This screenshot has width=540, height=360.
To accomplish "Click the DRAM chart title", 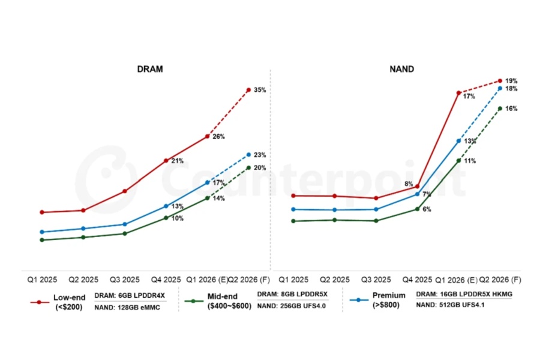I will (150, 70).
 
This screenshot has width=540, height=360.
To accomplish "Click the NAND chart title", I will (401, 70).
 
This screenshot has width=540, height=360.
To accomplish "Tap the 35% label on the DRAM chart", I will (260, 90).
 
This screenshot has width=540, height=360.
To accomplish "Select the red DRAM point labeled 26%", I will (208, 136).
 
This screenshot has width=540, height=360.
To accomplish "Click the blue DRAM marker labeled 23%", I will (249, 155).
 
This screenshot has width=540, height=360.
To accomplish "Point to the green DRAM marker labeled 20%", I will (249, 167).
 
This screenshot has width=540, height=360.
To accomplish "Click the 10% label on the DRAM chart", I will (178, 218).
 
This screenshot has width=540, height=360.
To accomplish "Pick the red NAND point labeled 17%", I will (458, 93).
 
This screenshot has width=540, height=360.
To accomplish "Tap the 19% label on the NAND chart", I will (511, 81).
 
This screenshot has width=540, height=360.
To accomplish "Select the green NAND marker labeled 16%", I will (500, 109).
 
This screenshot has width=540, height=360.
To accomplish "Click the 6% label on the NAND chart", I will (427, 209).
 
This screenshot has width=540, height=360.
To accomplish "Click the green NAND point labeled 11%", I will (458, 160).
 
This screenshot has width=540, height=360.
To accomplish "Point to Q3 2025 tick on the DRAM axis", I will (125, 280).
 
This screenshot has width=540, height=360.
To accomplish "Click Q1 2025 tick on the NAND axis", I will (292, 280).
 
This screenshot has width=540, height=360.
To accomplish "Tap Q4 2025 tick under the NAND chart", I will (417, 280).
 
